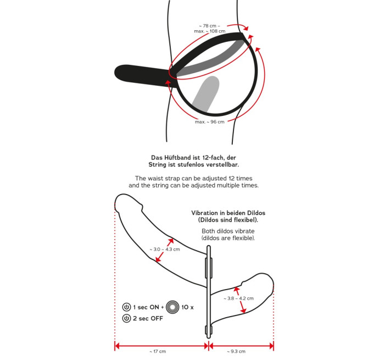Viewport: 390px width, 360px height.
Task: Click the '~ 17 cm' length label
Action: click(158, 352)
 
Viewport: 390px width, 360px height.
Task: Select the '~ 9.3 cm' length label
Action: click(236, 352)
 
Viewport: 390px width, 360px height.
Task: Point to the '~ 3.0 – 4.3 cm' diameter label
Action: click(165, 250)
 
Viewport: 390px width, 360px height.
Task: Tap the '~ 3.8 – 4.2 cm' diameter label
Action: click(238, 298)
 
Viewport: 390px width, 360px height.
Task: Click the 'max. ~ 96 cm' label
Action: click(210, 122)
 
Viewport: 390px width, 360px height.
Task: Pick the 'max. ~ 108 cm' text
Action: click(210, 31)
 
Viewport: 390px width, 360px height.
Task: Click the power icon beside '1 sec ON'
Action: click(126, 307)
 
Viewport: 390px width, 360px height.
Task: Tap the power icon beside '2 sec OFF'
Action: click(126, 318)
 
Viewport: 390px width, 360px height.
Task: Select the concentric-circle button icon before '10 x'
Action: click(172, 307)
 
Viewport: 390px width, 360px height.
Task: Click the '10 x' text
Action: click(187, 307)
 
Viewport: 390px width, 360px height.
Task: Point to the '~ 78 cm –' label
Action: click(209, 26)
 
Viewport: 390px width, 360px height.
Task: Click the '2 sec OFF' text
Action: click(148, 318)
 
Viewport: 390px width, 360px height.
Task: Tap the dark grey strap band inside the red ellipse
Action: click(209, 60)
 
